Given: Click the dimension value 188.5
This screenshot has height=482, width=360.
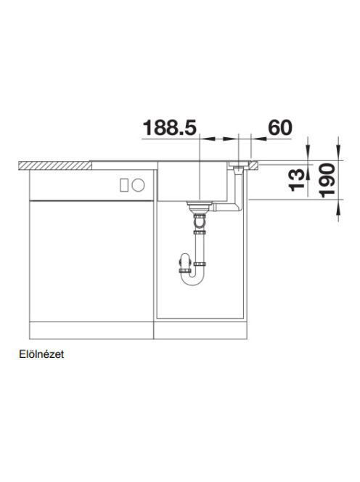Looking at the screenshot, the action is pyautogui.click(x=169, y=128).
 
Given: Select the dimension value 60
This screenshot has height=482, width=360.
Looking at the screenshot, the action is pyautogui.click(x=280, y=128).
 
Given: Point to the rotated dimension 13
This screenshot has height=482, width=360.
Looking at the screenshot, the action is pyautogui.click(x=297, y=180).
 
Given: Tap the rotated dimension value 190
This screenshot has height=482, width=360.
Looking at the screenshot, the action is pyautogui.click(x=327, y=181).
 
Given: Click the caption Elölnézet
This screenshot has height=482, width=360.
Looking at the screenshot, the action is pyautogui.click(x=41, y=354).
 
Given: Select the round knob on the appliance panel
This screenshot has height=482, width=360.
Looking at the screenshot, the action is pyautogui.click(x=138, y=185).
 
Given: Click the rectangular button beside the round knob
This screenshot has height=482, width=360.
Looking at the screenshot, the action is pyautogui.click(x=124, y=185).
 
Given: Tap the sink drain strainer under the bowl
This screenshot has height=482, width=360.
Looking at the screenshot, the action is pyautogui.click(x=199, y=205).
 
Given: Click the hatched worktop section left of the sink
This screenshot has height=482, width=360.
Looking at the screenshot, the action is pyautogui.click(x=55, y=166).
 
